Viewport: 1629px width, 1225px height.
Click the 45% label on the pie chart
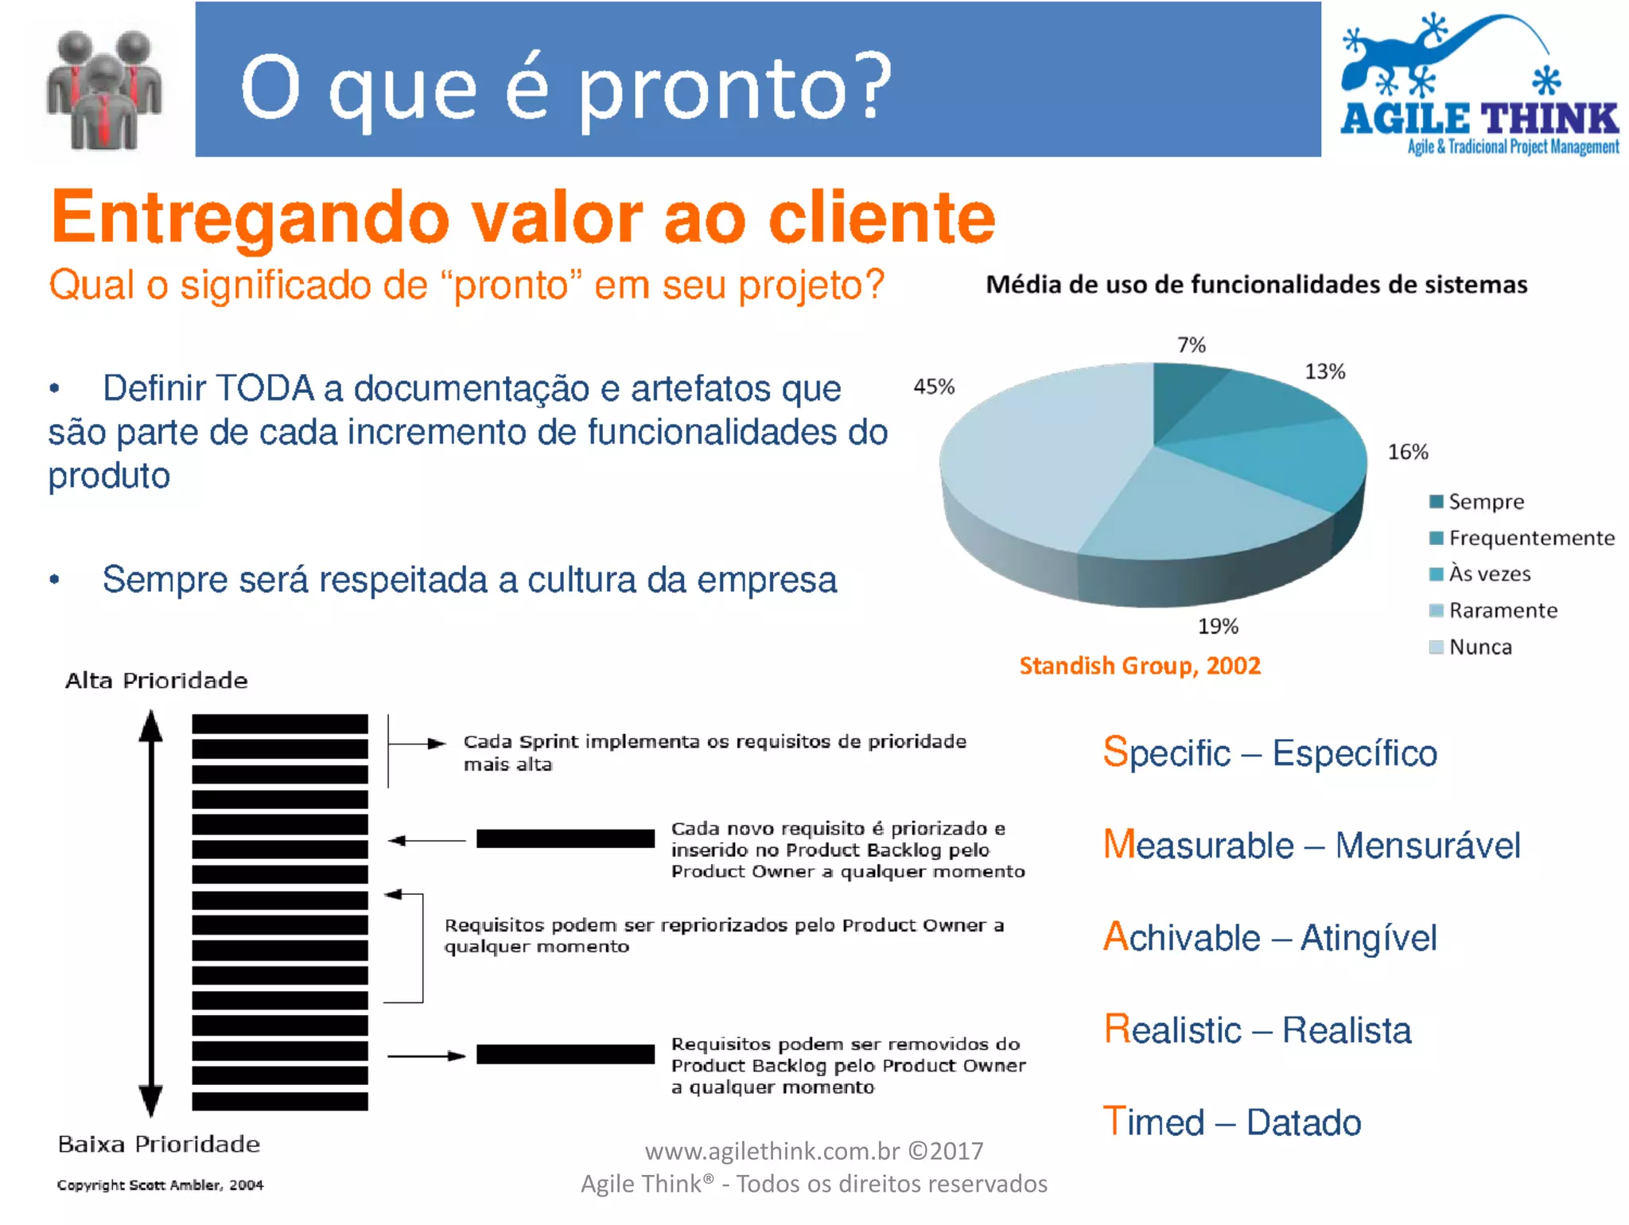click(934, 387)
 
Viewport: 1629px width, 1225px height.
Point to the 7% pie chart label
click(1192, 345)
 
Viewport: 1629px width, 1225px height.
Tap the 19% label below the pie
click(1218, 627)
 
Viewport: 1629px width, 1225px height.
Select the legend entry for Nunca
click(1479, 647)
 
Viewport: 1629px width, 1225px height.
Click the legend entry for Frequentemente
click(1530, 539)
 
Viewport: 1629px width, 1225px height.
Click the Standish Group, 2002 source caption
click(1140, 666)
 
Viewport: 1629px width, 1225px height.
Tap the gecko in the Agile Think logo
click(1432, 56)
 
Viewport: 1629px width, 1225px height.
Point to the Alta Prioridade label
click(156, 681)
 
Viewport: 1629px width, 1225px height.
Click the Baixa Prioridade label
click(159, 1145)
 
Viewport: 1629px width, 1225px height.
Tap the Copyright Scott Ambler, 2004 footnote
click(160, 1185)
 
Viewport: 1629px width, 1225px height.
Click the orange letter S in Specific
click(1115, 752)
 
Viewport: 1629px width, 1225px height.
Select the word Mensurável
click(1428, 846)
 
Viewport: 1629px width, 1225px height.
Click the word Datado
click(1304, 1123)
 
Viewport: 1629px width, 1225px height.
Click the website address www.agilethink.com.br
click(772, 1151)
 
